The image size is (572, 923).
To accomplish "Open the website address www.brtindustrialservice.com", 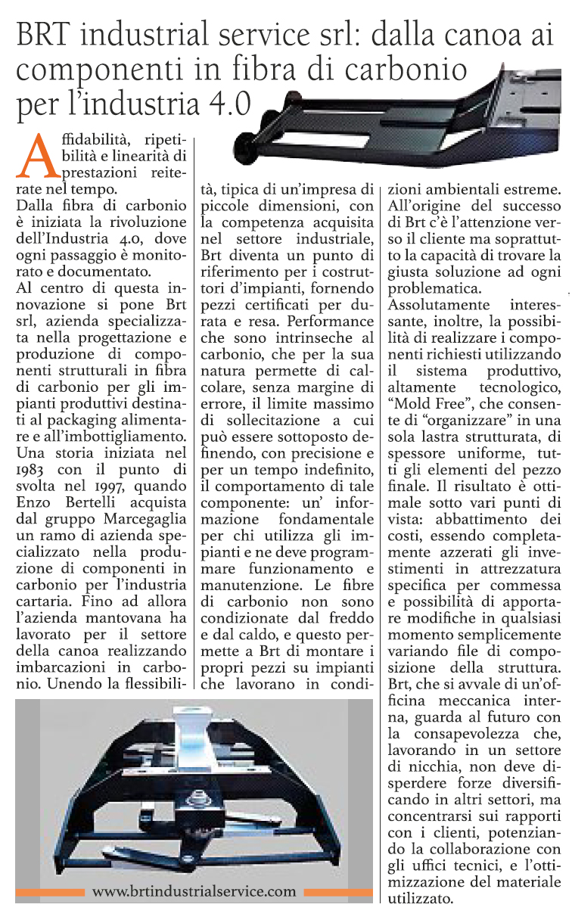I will [x=194, y=891].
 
